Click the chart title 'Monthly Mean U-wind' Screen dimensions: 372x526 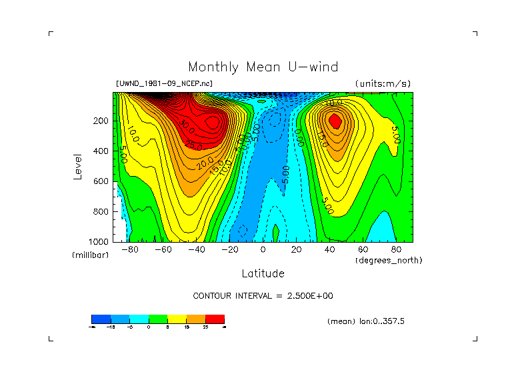263,67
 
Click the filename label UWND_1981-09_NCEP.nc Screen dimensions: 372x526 164,84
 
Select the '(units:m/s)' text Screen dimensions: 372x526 383,84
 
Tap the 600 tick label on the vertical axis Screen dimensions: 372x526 101,181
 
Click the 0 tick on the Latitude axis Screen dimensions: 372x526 263,250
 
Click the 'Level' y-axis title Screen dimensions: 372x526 79,167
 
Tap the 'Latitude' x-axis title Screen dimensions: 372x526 263,273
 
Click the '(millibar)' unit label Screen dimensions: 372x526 90,255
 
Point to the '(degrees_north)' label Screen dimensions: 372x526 389,260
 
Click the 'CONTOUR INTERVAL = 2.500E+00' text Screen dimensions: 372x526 263,296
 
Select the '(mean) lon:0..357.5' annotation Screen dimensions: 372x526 366,321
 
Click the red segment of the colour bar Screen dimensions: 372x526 215,319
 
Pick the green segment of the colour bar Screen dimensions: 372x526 157,319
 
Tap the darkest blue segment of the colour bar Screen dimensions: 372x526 100,319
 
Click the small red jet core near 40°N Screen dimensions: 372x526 335,121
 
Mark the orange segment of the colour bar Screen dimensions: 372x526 195,319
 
